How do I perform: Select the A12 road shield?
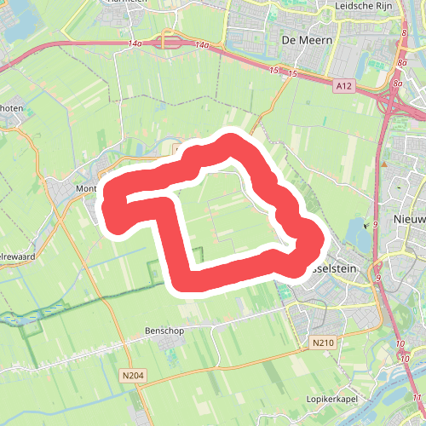(x=343, y=85)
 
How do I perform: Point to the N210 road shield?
(x=322, y=343)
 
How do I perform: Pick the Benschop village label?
(x=141, y=330)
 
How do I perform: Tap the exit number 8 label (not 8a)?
(x=402, y=33)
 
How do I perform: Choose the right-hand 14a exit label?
(x=201, y=44)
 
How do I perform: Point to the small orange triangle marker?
(x=384, y=164)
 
